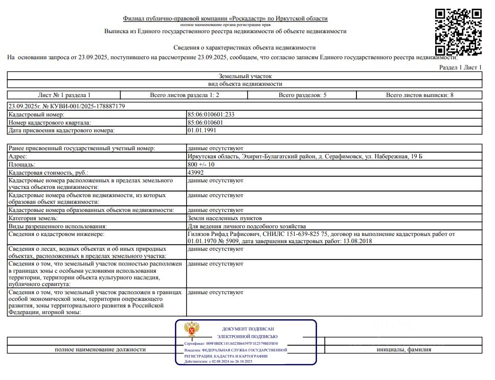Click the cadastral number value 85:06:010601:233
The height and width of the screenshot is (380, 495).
coord(211,115)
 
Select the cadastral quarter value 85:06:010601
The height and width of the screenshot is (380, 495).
coord(205,123)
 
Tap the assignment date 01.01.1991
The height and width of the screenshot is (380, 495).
coord(201,130)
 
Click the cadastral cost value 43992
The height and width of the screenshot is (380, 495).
coord(196,173)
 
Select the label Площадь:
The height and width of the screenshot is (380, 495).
coord(22,164)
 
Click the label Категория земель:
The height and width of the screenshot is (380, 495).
coord(33,218)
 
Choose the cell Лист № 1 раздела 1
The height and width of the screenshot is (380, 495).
coord(64,95)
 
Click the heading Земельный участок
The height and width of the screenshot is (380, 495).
coord(245,76)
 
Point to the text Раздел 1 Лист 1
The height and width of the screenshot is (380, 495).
coord(460,67)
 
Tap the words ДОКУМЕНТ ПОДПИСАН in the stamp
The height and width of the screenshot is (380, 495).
coord(248,329)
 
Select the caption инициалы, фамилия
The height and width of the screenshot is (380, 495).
coord(403,350)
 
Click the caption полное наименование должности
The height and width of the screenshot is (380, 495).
coord(100,350)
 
